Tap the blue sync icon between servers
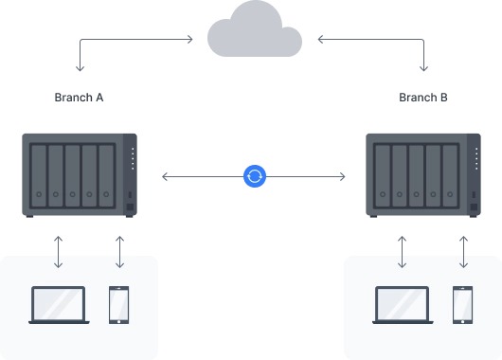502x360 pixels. click(254, 176)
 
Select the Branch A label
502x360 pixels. click(79, 98)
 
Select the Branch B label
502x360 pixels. click(423, 98)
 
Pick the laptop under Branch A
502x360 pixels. click(59, 305)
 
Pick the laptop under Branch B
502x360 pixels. click(403, 305)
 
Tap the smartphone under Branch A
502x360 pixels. click(119, 305)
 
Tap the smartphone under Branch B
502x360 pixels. click(463, 305)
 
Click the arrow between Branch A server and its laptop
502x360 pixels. click(59, 252)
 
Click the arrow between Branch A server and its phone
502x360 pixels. click(119, 252)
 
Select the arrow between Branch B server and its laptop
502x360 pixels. click(403, 252)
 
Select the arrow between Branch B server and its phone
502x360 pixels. click(463, 252)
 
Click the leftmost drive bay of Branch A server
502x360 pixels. click(39, 175)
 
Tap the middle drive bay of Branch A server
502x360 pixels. click(73, 175)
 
